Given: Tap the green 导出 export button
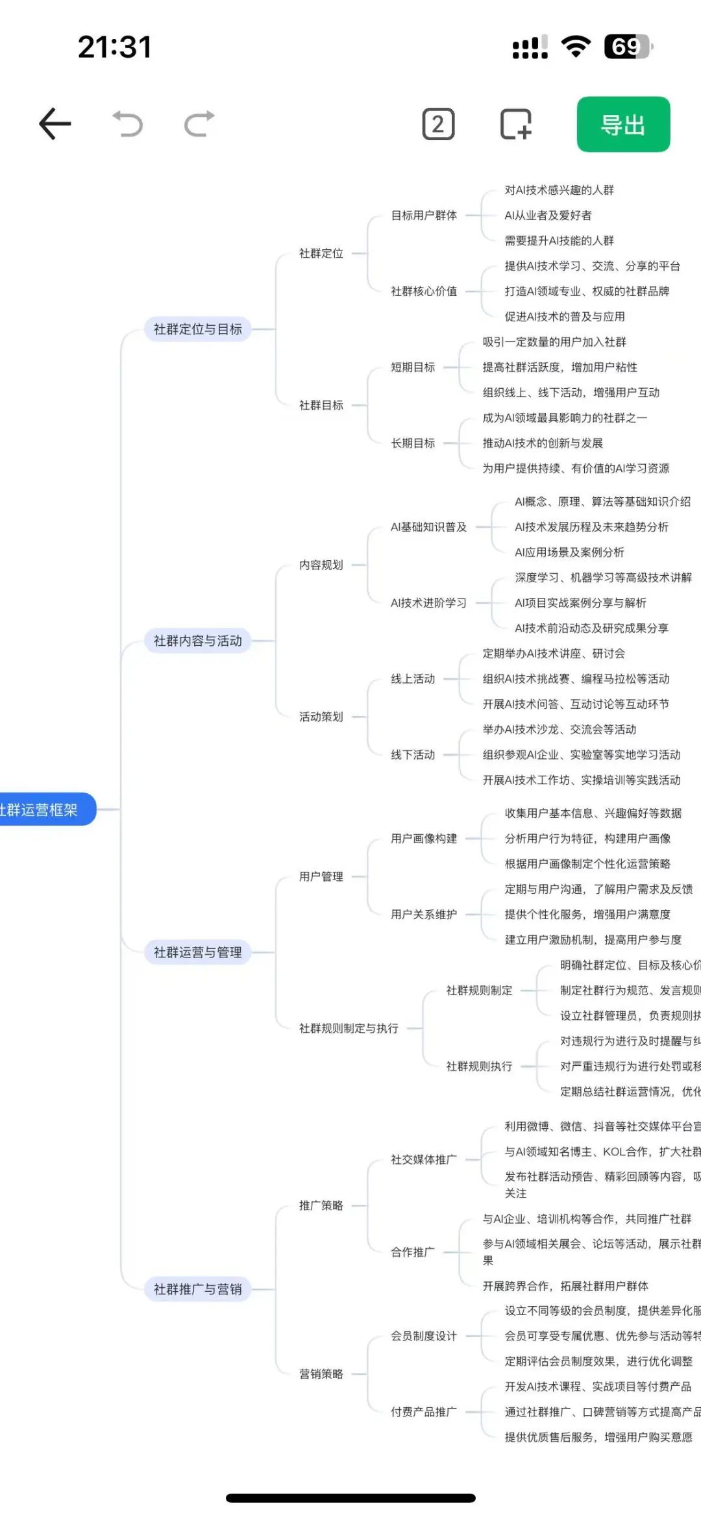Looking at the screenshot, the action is [x=623, y=125].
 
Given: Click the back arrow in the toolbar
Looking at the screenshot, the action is [x=55, y=124].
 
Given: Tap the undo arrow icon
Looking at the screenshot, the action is [x=128, y=124].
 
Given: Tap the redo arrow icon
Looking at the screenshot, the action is [x=199, y=124].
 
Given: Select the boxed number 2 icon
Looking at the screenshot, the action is [x=438, y=125].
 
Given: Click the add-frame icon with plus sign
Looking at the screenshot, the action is [x=516, y=125].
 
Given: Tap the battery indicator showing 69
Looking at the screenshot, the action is [x=627, y=47].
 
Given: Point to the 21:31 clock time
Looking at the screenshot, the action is [x=114, y=47].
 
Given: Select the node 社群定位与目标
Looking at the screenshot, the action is [x=197, y=329].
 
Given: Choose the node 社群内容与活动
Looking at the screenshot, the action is [x=197, y=641].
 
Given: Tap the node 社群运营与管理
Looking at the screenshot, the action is [x=197, y=952].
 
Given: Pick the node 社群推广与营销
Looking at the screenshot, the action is [x=197, y=1289].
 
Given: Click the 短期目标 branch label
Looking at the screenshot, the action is [x=413, y=367].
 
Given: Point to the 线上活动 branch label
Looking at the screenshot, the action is [x=413, y=679].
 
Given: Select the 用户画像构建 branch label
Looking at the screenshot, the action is [x=424, y=839].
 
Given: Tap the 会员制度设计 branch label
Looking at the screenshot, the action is [x=424, y=1336].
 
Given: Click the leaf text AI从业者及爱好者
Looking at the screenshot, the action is [x=548, y=216].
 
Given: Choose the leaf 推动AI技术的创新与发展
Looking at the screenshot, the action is [x=543, y=443].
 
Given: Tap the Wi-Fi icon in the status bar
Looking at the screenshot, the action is [x=576, y=47].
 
